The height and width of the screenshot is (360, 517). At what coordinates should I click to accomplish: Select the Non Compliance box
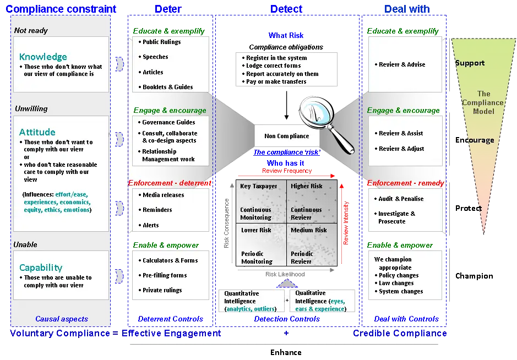pos(287,136)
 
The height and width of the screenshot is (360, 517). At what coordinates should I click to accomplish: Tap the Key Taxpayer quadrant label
pos(259,186)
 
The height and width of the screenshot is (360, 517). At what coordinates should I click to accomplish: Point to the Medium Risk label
pos(309,230)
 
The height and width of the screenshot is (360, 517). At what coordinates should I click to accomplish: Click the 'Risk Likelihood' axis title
pos(285,274)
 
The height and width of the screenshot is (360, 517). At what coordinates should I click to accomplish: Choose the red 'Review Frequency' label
pos(287,171)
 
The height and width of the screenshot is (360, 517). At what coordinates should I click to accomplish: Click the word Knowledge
pos(43,57)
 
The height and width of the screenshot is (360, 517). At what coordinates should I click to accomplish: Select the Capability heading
pos(41,268)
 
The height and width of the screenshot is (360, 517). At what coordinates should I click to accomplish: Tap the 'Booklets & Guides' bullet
pos(166,87)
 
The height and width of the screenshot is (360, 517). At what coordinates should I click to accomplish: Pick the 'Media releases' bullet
pos(161,195)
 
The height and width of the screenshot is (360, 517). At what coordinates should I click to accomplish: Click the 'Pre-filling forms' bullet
pos(162,275)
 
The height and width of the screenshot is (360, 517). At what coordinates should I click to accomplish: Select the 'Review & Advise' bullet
pos(400,64)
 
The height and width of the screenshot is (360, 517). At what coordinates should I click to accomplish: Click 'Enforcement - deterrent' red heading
pos(170,183)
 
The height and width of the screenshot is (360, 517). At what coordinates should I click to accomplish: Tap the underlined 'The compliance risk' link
pos(287,152)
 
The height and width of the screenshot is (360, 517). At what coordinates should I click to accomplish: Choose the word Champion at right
pos(474,276)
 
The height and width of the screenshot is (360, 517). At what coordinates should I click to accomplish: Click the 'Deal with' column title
pos(407,9)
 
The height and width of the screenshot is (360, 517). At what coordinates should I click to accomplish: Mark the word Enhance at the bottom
pos(286,352)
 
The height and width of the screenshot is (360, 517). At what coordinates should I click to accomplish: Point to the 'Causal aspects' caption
pos(62,319)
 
